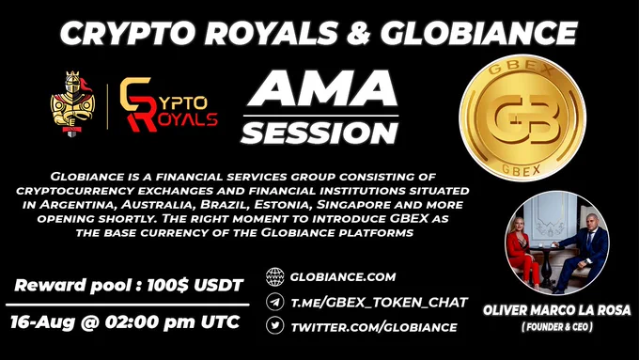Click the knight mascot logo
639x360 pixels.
point(72,103)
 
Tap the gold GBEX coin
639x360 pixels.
point(522,117)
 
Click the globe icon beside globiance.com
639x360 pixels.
point(275,277)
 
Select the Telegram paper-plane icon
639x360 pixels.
point(275,302)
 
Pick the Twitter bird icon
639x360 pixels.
point(275,326)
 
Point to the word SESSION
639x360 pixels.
point(319,133)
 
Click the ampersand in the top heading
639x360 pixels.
point(359,33)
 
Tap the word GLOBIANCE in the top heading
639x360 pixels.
point(479,33)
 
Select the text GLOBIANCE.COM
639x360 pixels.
point(343,277)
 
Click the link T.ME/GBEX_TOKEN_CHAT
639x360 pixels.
point(379,303)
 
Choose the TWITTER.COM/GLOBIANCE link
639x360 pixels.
point(374,327)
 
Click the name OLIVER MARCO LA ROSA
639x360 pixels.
point(556,310)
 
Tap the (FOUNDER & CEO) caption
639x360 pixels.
point(557,327)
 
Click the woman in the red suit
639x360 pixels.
point(522,252)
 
